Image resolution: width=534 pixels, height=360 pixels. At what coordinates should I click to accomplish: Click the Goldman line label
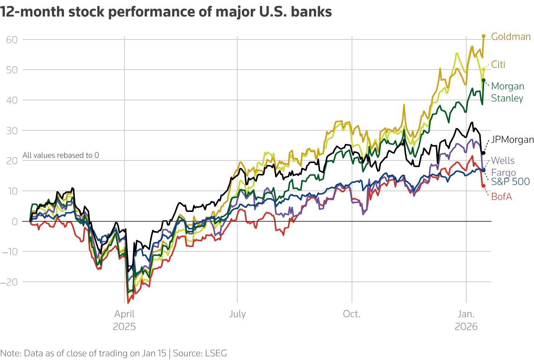511,36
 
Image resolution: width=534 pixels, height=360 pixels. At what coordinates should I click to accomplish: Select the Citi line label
498,64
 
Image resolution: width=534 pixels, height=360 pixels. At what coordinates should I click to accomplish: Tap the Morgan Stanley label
507,92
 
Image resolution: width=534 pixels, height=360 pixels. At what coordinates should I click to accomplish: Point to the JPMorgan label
512,139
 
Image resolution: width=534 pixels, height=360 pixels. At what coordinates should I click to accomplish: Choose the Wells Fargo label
503,166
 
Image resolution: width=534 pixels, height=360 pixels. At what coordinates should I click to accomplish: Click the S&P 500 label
510,182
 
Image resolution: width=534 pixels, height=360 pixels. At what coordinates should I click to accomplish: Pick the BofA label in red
501,197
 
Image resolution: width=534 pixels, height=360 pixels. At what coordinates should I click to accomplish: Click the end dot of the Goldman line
484,36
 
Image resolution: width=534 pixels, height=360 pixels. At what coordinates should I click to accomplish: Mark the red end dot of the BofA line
484,186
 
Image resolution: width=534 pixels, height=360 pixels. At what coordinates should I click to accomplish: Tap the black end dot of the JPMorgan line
484,153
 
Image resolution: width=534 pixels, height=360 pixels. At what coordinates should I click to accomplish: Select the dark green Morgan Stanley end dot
484,80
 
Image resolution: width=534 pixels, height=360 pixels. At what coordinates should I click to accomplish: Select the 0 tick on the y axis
15,221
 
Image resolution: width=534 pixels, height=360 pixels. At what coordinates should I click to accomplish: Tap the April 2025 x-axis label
124,319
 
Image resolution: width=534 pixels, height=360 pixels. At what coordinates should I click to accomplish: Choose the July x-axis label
237,314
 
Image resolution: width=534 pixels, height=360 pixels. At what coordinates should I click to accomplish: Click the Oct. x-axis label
352,314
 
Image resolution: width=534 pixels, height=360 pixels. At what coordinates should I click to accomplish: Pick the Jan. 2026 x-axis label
466,319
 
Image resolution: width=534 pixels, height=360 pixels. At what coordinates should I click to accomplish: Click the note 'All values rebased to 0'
61,155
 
